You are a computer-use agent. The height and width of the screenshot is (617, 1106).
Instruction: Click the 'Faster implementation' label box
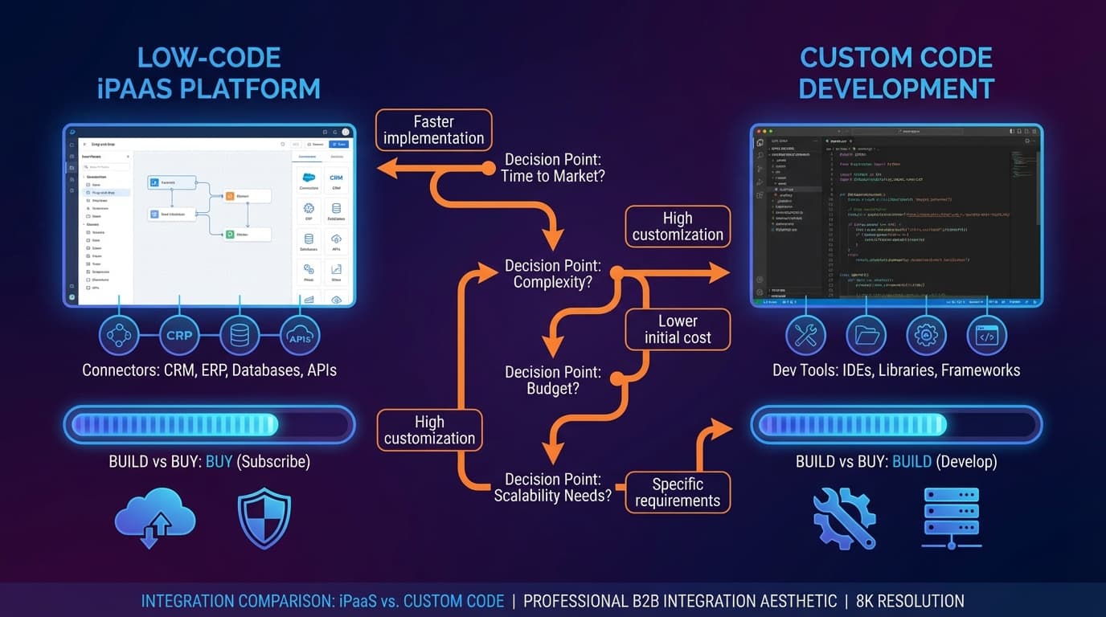[433, 129]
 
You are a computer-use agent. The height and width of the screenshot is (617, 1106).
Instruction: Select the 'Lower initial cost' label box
[678, 329]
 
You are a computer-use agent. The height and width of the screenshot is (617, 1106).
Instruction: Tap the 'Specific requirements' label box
[678, 492]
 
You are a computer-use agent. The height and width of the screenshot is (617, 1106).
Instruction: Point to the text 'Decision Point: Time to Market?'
[552, 167]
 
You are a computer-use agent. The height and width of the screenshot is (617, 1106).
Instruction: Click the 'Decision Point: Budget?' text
[552, 380]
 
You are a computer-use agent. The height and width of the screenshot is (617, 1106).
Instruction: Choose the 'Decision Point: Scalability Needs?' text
[552, 488]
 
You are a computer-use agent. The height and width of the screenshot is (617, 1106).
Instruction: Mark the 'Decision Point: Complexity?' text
[552, 274]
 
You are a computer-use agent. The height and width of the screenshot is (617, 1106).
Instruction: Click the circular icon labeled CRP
[179, 335]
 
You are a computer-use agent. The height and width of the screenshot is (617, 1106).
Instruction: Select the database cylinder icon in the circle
[240, 335]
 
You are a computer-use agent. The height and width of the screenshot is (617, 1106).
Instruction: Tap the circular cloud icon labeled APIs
[300, 335]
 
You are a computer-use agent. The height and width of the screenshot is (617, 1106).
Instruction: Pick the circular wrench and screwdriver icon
[805, 335]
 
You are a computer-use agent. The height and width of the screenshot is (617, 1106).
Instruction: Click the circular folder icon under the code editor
[866, 335]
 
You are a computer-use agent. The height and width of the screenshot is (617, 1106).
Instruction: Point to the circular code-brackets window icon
[986, 335]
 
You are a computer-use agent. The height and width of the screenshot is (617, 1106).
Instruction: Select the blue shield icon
[264, 518]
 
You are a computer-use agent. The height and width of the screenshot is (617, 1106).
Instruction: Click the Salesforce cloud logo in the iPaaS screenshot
[309, 178]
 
